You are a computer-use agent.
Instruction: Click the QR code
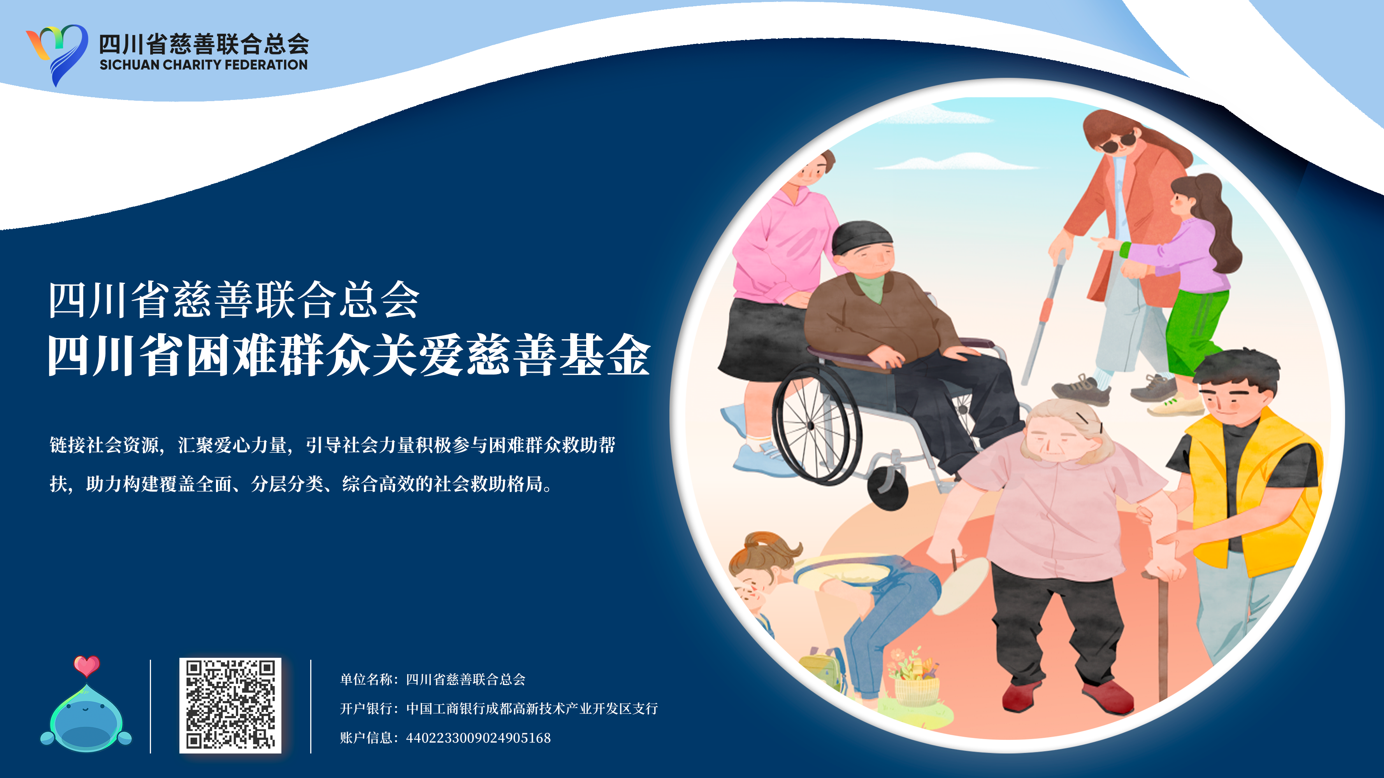click(230, 705)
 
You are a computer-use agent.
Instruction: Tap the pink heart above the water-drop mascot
click(86, 666)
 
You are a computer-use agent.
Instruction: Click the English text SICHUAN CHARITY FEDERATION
click(204, 65)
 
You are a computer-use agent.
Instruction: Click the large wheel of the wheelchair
click(816, 424)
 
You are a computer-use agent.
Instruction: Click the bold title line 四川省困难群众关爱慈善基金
click(349, 356)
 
